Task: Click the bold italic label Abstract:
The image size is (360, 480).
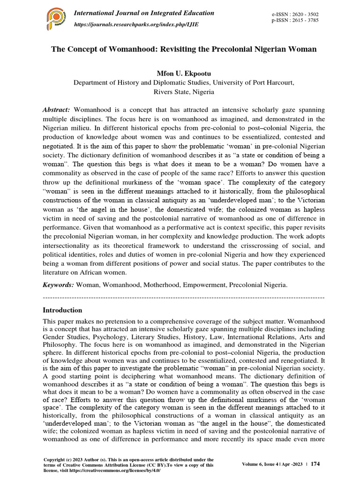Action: (57, 109)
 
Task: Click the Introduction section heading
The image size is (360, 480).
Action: (62, 310)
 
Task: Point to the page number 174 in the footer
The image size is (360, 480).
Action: (315, 464)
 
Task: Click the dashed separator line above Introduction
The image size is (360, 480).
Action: (183, 298)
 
